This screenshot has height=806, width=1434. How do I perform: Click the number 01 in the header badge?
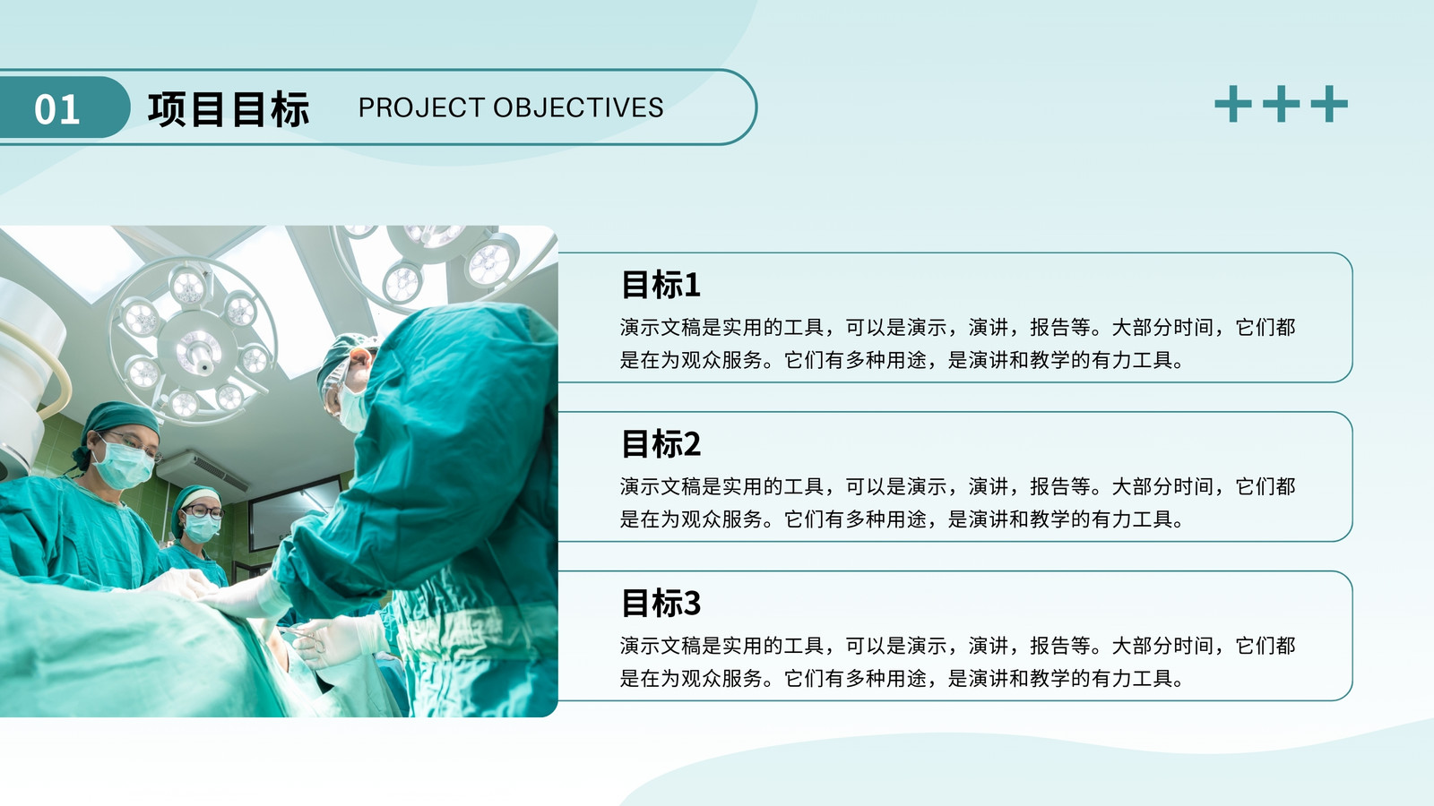pos(57,108)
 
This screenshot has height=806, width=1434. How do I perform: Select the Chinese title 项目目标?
pos(229,108)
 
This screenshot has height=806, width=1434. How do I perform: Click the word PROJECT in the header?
pos(421,107)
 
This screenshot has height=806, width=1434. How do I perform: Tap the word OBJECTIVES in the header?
pos(578,107)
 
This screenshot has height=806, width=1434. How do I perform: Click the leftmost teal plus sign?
pos(1233,104)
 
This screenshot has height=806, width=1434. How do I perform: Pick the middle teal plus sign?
pos(1281,104)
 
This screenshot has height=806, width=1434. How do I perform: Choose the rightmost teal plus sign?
pos(1329,104)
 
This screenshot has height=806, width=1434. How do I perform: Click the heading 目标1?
pos(661,285)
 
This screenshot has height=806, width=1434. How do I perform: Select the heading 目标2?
pos(661,444)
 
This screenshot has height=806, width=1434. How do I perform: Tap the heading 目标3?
pos(661,604)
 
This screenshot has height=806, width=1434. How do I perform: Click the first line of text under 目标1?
pos(958,328)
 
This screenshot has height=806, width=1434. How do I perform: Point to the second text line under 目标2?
pos(902,519)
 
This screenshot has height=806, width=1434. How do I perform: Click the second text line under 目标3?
pos(902,679)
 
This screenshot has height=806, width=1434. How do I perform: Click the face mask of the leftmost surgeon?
pos(124,465)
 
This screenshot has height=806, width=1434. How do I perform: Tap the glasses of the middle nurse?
pos(203,511)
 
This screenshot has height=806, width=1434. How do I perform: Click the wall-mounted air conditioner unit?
pos(203,470)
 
